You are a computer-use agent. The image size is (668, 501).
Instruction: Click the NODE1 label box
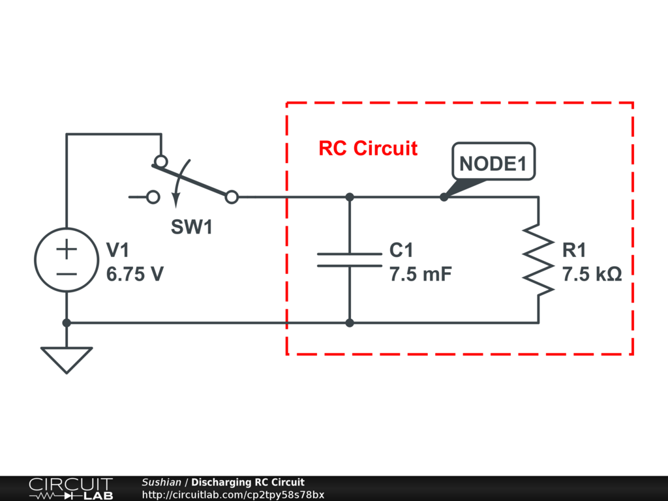coord(493,161)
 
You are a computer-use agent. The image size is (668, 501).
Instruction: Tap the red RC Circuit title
coord(368,148)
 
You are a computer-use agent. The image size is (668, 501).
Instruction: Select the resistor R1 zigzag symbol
coord(538,260)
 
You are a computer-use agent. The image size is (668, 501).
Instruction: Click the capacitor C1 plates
coord(350,260)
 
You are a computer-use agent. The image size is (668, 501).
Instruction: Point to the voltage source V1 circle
coord(35,260)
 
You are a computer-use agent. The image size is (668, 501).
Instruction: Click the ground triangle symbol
coord(67,360)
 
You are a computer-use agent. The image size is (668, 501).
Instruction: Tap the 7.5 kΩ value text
coord(592,274)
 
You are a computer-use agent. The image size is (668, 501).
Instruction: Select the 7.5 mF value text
coord(421,274)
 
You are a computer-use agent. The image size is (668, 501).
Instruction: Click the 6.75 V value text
coord(134,274)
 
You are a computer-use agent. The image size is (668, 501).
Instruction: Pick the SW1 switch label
coord(192,226)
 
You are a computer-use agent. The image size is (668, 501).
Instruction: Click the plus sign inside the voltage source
coord(67,249)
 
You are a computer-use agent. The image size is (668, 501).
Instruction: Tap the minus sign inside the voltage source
coord(67,275)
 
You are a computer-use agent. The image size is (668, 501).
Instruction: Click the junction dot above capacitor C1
coord(350,197)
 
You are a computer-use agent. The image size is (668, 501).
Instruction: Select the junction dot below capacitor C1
coord(350,323)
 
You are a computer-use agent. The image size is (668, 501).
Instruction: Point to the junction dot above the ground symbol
coord(67,323)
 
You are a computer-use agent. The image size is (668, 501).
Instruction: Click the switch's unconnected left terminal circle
coord(153,197)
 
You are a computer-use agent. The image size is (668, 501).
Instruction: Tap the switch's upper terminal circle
coord(161,162)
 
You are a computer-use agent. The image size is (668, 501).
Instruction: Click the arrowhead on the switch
coord(175,201)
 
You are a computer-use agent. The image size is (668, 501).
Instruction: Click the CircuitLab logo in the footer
coord(70,489)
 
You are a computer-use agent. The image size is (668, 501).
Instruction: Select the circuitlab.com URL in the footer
coord(233,495)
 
